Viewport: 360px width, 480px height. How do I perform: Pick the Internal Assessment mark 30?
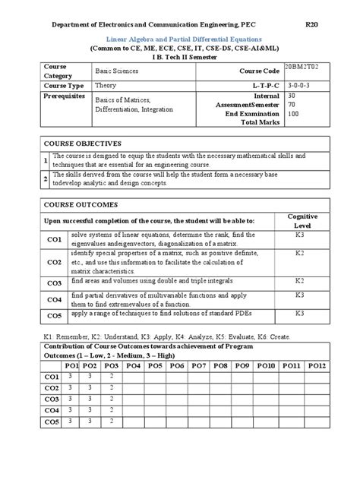click(292, 97)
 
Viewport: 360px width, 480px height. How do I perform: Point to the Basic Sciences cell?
click(112, 70)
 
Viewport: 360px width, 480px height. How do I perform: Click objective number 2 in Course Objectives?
click(46, 178)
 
